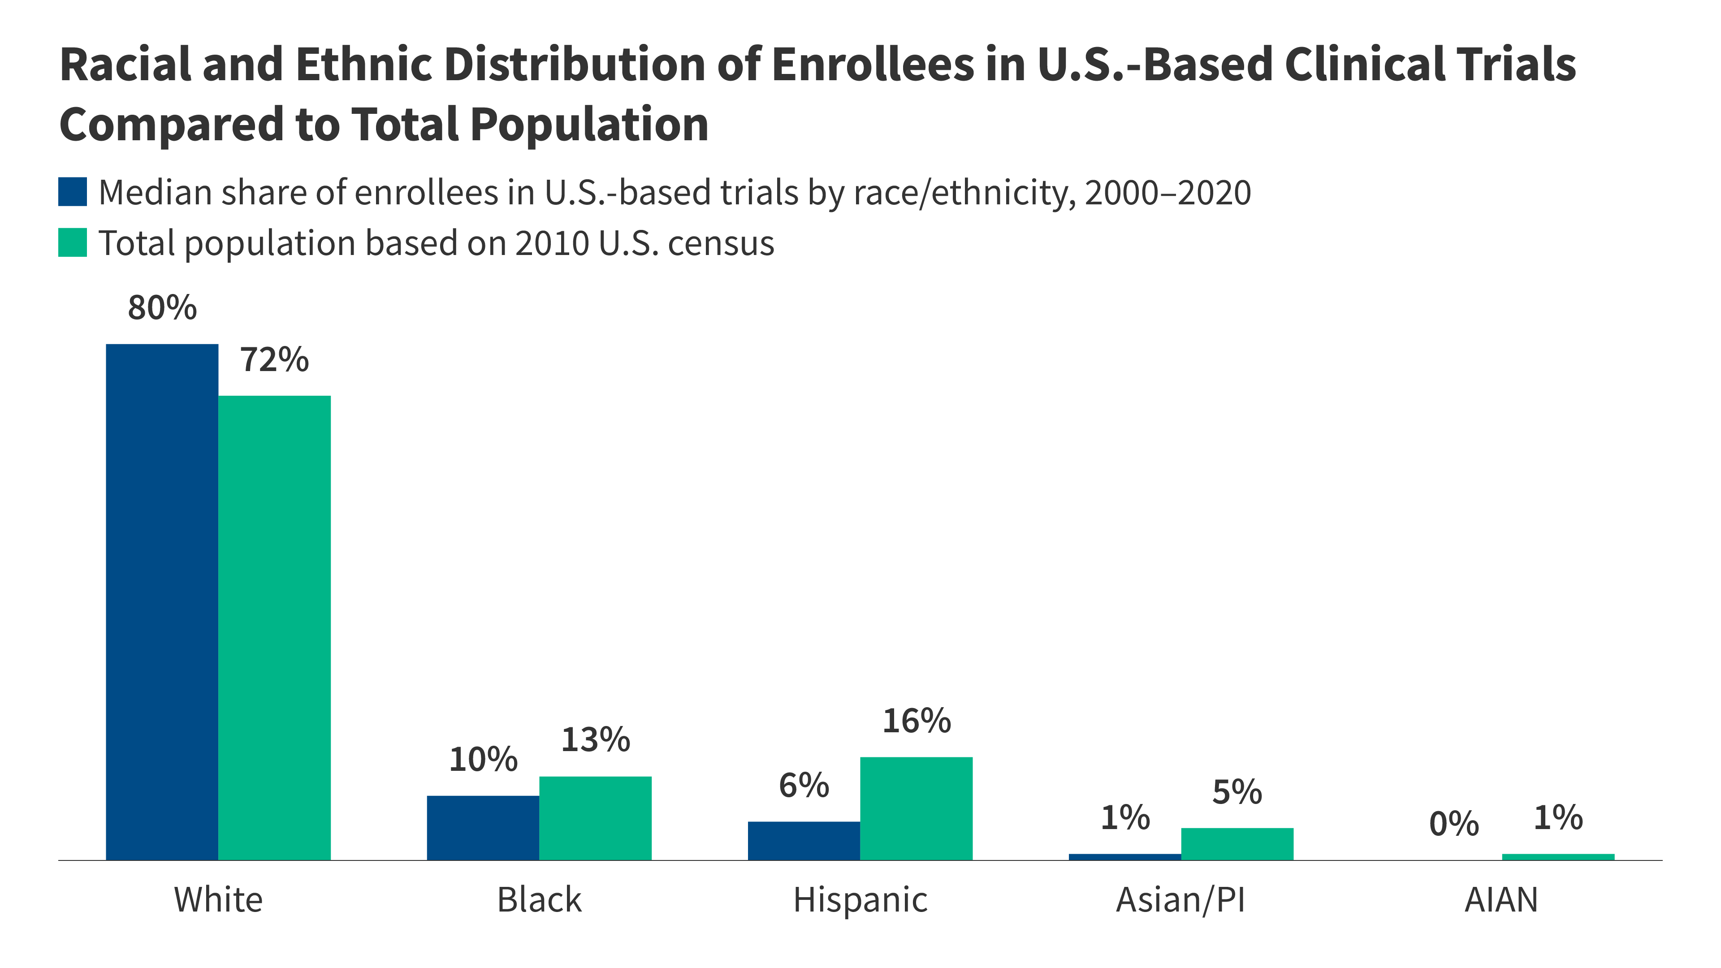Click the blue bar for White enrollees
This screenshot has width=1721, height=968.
162,601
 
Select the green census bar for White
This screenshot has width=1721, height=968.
275,627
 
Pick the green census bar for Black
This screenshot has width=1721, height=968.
595,818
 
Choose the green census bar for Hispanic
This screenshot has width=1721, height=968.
916,808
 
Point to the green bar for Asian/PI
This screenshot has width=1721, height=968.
1237,844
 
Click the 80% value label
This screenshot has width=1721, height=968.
162,308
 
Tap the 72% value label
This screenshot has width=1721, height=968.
275,360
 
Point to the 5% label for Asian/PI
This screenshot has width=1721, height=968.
1237,792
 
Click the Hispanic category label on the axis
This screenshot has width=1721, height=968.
860,900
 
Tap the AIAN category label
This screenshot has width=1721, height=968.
1501,900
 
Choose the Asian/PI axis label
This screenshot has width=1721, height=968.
1180,900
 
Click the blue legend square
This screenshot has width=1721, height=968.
72,192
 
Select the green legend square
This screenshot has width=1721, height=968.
72,242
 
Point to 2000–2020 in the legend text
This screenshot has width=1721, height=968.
1167,193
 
